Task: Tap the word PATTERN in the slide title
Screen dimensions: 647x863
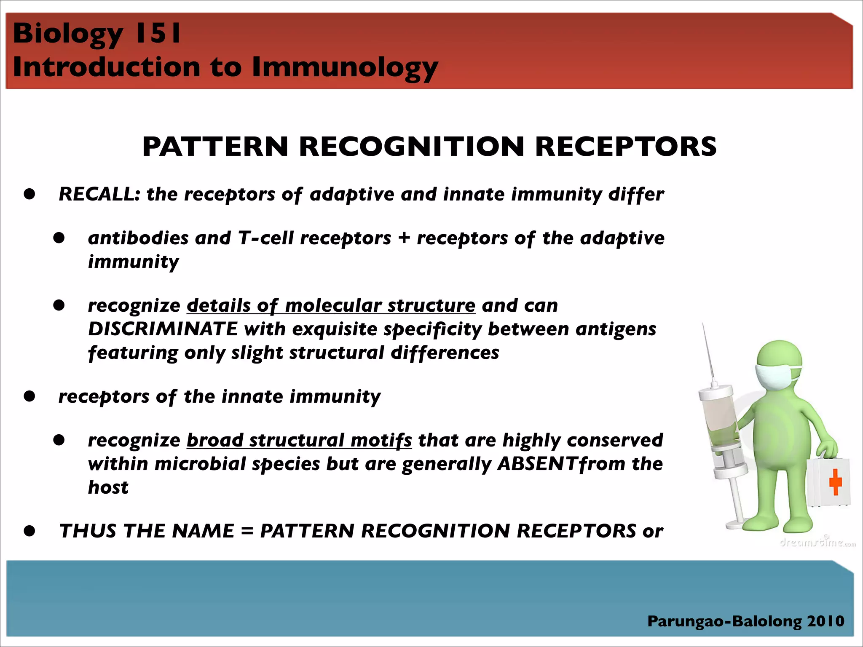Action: [215, 147]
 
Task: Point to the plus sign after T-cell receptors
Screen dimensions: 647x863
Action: [404, 238]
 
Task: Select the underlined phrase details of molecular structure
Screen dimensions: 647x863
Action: [331, 305]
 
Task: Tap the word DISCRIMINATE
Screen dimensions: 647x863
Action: [163, 329]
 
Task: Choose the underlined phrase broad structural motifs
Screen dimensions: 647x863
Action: [299, 440]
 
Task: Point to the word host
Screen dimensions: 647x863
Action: [108, 487]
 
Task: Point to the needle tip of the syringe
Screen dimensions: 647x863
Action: [703, 325]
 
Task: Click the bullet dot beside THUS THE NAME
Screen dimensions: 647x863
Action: [29, 531]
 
